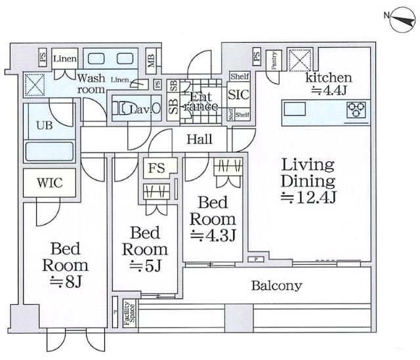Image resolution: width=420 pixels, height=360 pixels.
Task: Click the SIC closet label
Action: pos(238,94)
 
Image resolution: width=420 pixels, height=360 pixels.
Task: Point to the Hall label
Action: pos(199,139)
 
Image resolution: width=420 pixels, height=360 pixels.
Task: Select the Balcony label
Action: pos(276,285)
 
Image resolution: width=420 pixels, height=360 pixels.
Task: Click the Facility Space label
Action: pos(129,312)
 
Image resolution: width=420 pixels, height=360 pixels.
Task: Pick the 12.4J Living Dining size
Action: pos(309,197)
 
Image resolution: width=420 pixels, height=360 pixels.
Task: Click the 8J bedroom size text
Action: pos(65,282)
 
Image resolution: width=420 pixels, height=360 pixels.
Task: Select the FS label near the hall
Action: pos(156,169)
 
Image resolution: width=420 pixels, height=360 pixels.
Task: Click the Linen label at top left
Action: pos(65,57)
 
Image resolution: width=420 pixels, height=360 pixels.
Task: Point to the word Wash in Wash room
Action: pos(91,77)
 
